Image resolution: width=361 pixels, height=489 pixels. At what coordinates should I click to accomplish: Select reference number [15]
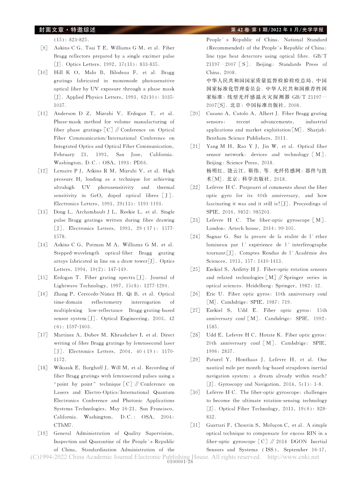pos(43,277)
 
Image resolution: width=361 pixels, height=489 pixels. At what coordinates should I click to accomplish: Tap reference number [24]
pos(195,237)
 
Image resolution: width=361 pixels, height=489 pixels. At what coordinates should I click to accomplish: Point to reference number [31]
pos(195,425)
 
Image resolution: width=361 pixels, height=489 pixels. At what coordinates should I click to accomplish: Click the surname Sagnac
pos(215,237)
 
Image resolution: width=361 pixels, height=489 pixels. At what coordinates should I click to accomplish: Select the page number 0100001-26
pos(180,462)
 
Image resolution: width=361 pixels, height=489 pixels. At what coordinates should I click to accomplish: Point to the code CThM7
pos(62,425)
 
